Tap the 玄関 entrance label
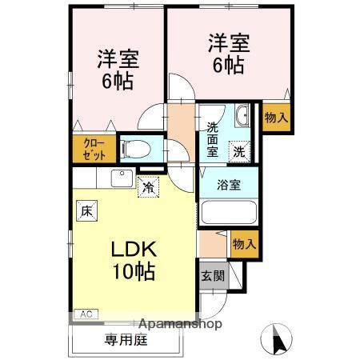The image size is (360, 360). (213, 277)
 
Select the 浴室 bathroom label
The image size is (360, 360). (230, 185)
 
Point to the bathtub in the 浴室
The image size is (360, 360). (229, 213)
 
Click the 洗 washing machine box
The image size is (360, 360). (239, 149)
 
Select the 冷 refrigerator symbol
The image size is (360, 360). (148, 188)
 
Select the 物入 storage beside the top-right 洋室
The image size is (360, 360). (275, 118)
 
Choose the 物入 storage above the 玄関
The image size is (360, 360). (243, 244)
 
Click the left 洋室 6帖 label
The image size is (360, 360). (118, 70)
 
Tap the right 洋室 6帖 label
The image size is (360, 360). (227, 54)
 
